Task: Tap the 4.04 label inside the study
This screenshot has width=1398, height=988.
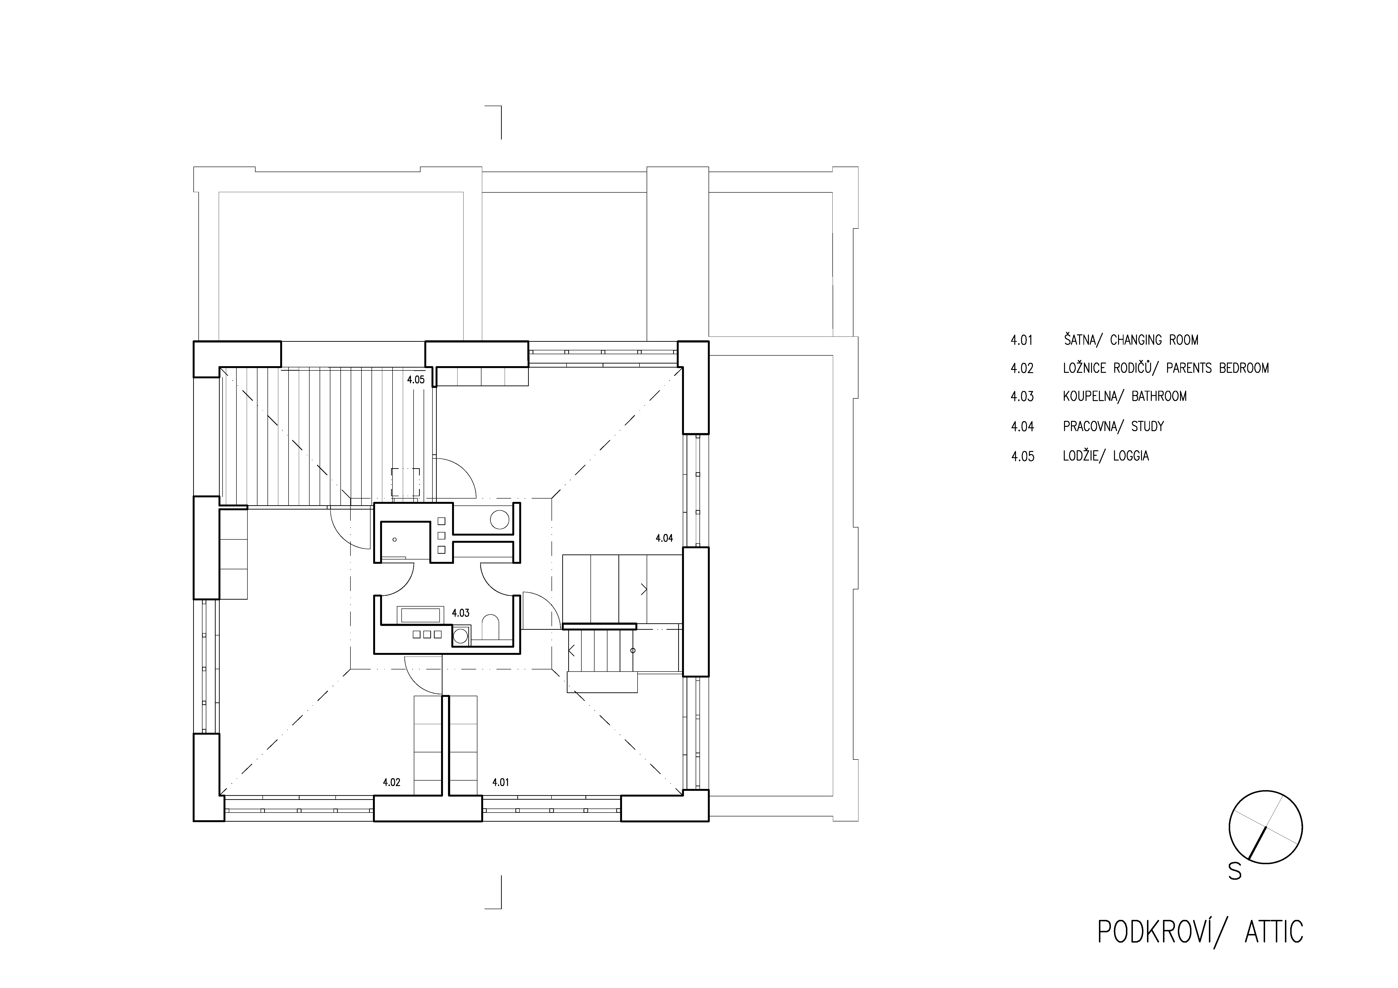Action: [664, 538]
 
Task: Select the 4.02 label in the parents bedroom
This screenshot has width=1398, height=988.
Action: [392, 782]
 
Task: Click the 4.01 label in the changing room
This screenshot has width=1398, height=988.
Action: [501, 782]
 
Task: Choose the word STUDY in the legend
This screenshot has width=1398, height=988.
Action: [1148, 426]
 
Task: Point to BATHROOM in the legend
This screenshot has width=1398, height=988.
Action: [1159, 396]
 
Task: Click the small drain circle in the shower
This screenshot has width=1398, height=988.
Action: [394, 539]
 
